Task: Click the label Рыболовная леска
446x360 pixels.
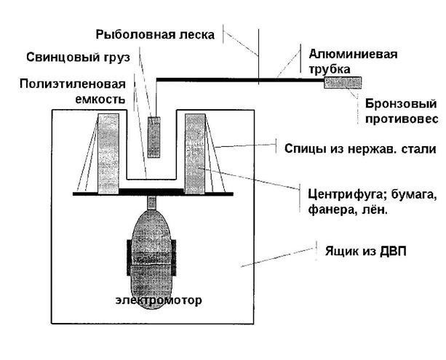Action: coord(155,35)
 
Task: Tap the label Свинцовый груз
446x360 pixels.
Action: coord(79,57)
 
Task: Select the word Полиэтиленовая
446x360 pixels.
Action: coord(73,84)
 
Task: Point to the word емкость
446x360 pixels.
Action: coord(100,99)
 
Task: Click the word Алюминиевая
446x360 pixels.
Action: coord(353,54)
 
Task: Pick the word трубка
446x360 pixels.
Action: coord(330,69)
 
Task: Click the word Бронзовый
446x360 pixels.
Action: coord(401,103)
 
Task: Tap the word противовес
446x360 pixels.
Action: coord(402,119)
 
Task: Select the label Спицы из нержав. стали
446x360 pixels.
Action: coord(360,148)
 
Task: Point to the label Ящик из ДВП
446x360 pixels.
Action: coord(366,252)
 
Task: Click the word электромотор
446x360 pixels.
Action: coord(159,300)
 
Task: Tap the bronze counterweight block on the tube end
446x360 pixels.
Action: coord(343,83)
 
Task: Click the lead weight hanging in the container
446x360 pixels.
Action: coord(154,137)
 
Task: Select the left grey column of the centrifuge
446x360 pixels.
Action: coord(108,154)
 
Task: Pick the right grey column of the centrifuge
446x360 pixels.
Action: coord(195,154)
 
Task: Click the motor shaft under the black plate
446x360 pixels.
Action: coord(151,203)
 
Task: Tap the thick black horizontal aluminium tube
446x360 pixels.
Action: coord(240,80)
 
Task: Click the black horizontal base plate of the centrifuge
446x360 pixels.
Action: coord(153,193)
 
